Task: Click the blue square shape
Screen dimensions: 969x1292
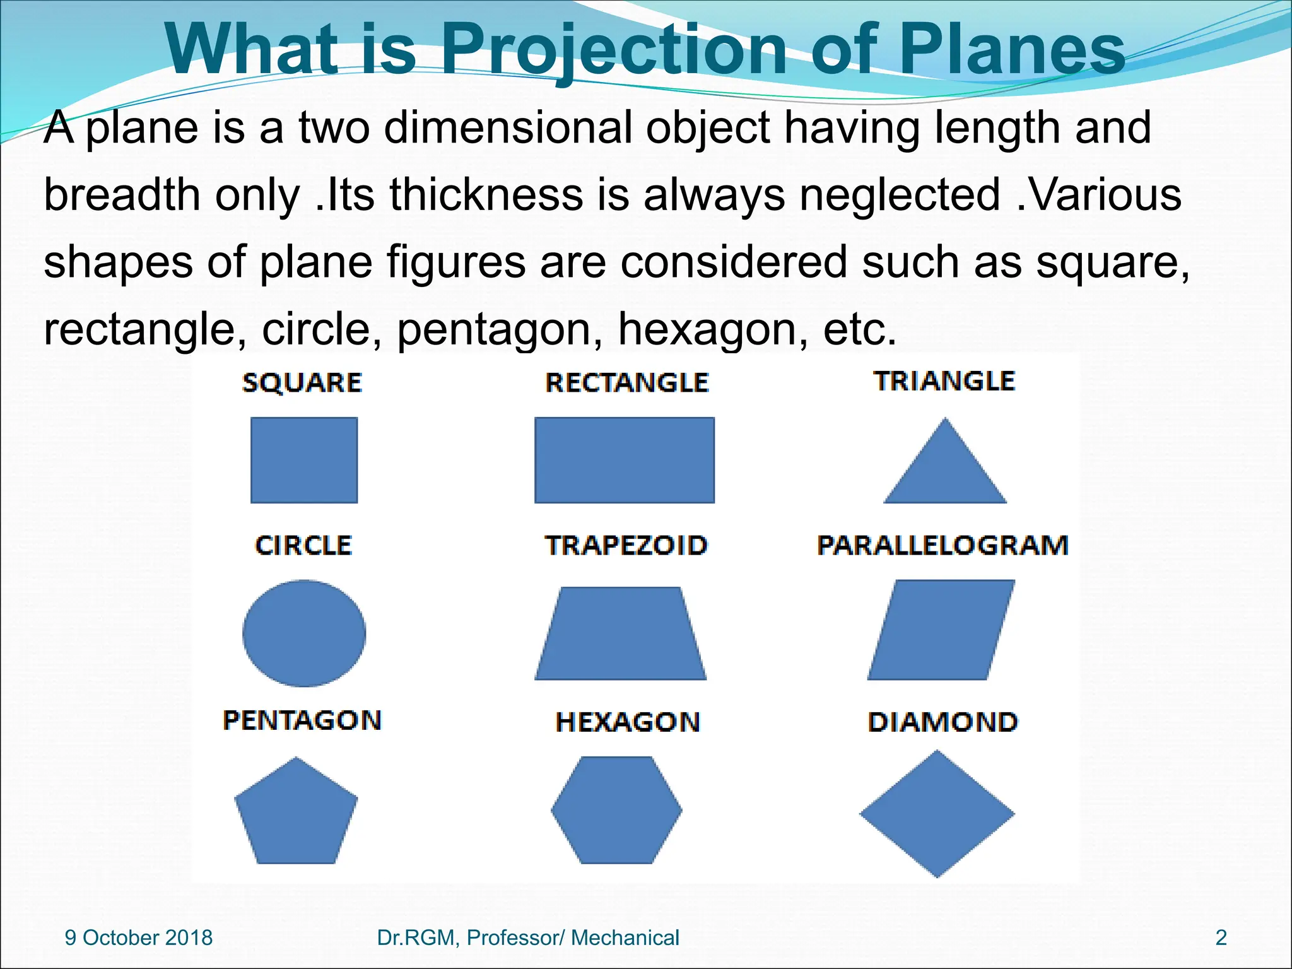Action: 304,460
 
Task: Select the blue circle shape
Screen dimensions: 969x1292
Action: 304,633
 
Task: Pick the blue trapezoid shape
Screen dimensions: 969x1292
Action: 621,634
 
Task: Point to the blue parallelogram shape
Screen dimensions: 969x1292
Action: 941,630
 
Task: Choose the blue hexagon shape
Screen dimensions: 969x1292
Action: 616,810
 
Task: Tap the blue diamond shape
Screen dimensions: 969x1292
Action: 937,814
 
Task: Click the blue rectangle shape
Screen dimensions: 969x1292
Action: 625,460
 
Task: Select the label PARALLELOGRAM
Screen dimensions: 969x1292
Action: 943,545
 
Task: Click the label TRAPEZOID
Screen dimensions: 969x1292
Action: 626,545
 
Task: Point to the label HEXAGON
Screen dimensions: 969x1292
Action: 628,722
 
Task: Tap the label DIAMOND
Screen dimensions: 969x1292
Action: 943,722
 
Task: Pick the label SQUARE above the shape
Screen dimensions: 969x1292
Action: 302,382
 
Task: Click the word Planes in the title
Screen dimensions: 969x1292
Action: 1011,49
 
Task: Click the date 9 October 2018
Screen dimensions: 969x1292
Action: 139,937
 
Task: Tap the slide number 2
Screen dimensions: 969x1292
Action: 1221,937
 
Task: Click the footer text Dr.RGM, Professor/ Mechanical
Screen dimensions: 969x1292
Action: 528,937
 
